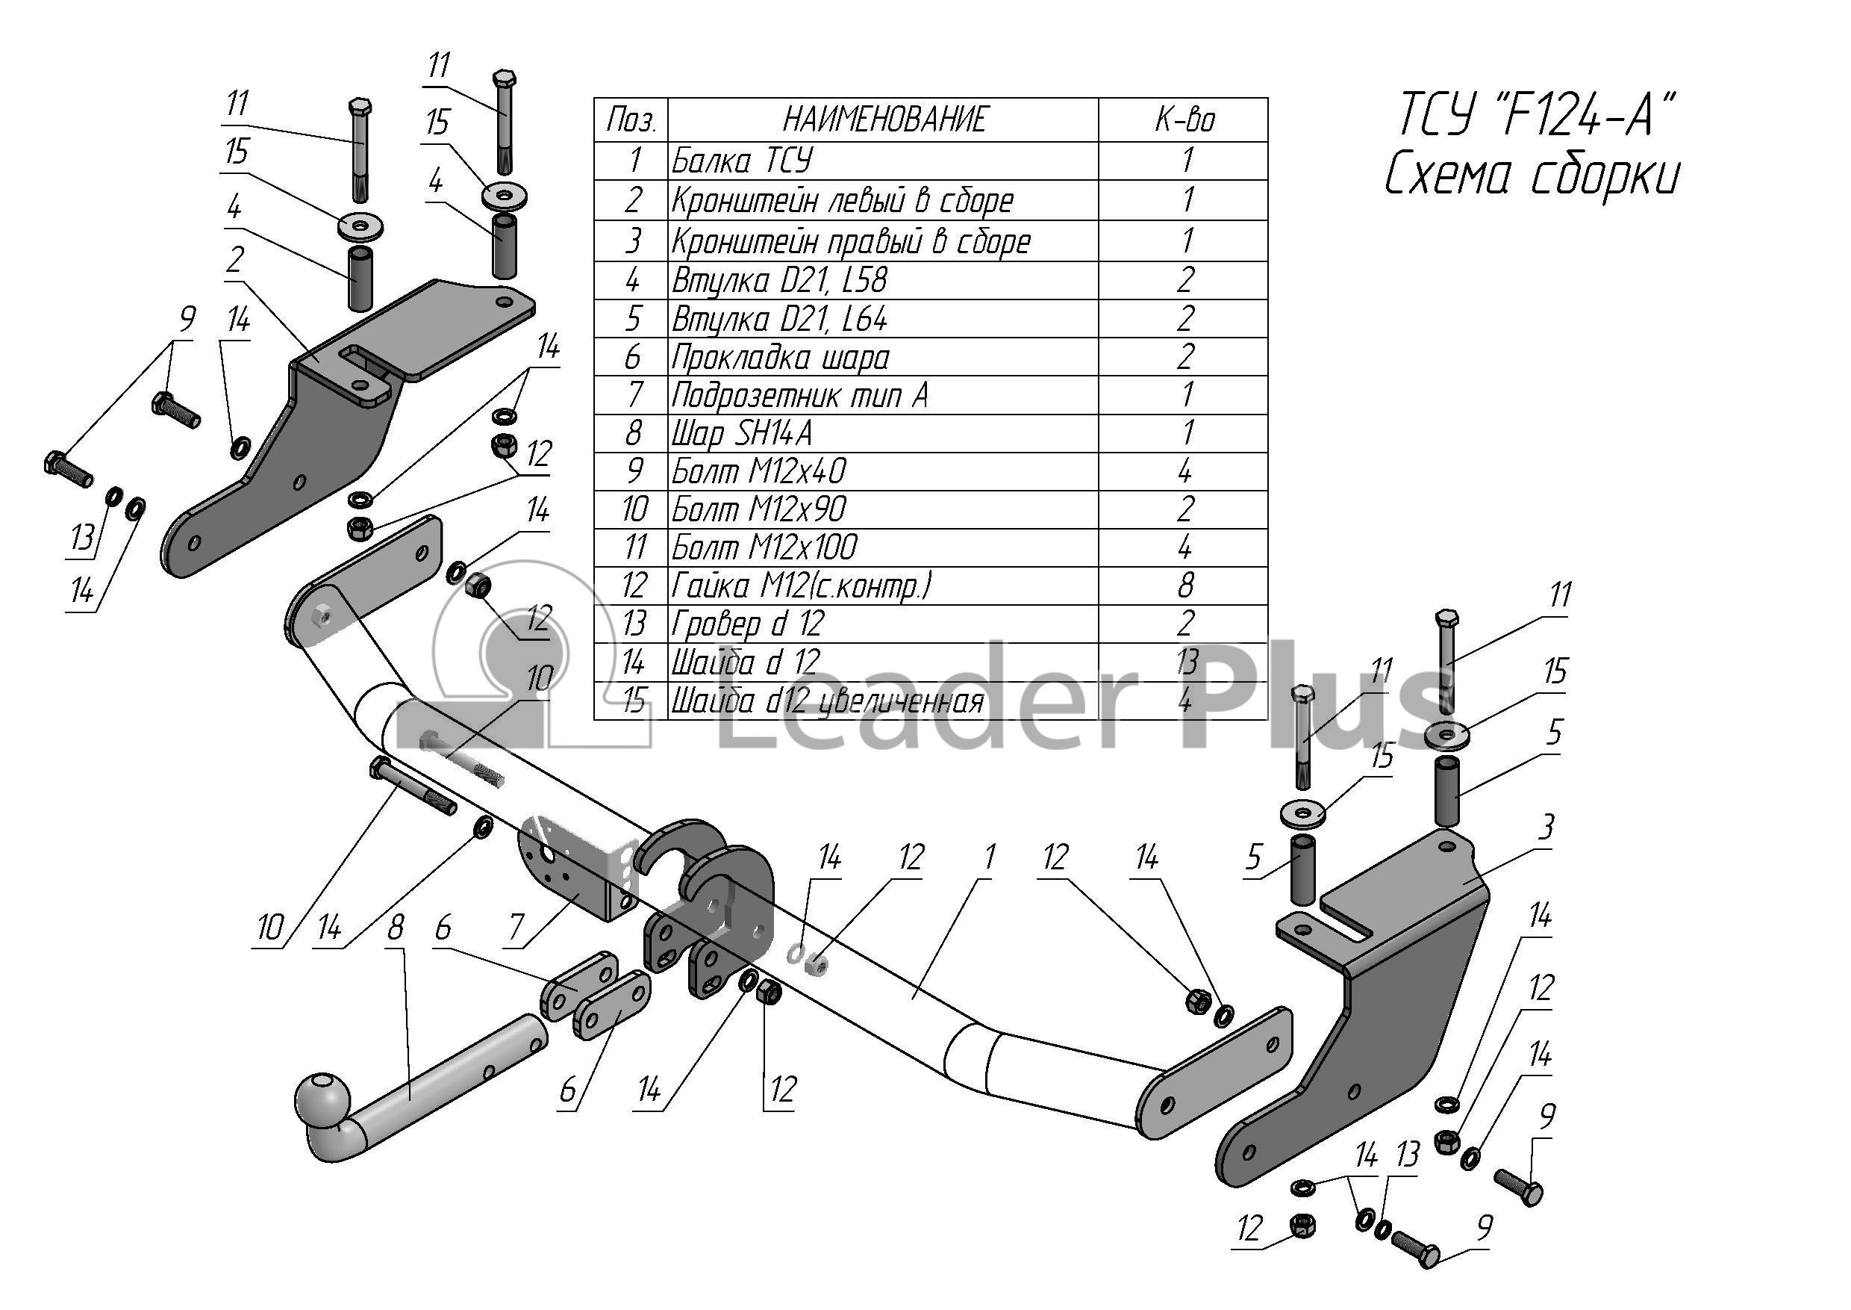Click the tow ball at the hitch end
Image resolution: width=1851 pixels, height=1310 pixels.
(x=323, y=1098)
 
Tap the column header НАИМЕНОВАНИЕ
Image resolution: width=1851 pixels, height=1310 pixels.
(x=884, y=119)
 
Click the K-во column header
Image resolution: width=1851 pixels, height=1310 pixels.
(x=1184, y=119)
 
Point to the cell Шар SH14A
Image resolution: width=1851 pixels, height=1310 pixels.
(x=742, y=434)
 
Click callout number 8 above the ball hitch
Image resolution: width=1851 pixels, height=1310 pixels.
(x=395, y=928)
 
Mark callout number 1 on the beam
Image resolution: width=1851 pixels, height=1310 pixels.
(x=989, y=857)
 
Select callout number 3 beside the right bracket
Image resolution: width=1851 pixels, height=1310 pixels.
(x=1546, y=828)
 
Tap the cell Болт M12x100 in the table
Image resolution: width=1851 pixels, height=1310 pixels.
(x=764, y=547)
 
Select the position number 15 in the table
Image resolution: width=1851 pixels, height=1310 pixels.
(x=634, y=701)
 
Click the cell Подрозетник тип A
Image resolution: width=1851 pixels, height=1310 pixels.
(x=798, y=395)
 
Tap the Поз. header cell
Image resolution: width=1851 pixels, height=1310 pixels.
(x=631, y=120)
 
